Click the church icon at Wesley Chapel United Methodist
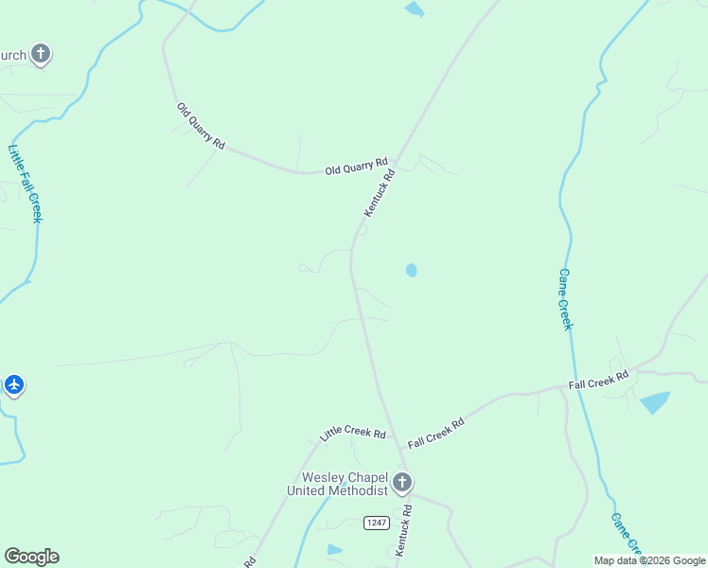point(402,483)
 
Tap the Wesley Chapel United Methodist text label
point(338,484)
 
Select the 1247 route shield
point(376,523)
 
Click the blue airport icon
point(13,385)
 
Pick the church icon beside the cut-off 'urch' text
point(40,54)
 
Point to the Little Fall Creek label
point(26,184)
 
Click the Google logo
point(31,557)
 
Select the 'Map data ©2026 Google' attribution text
point(649,560)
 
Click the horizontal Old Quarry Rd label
point(357,168)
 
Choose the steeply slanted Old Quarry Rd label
point(201,126)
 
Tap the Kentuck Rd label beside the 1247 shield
point(404,530)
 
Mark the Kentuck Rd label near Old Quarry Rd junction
point(379,192)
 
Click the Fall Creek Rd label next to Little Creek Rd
point(436,434)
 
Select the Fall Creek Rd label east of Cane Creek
point(599,381)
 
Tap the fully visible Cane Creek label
point(565,299)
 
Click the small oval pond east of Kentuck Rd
point(411,271)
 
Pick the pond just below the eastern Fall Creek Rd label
point(654,401)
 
